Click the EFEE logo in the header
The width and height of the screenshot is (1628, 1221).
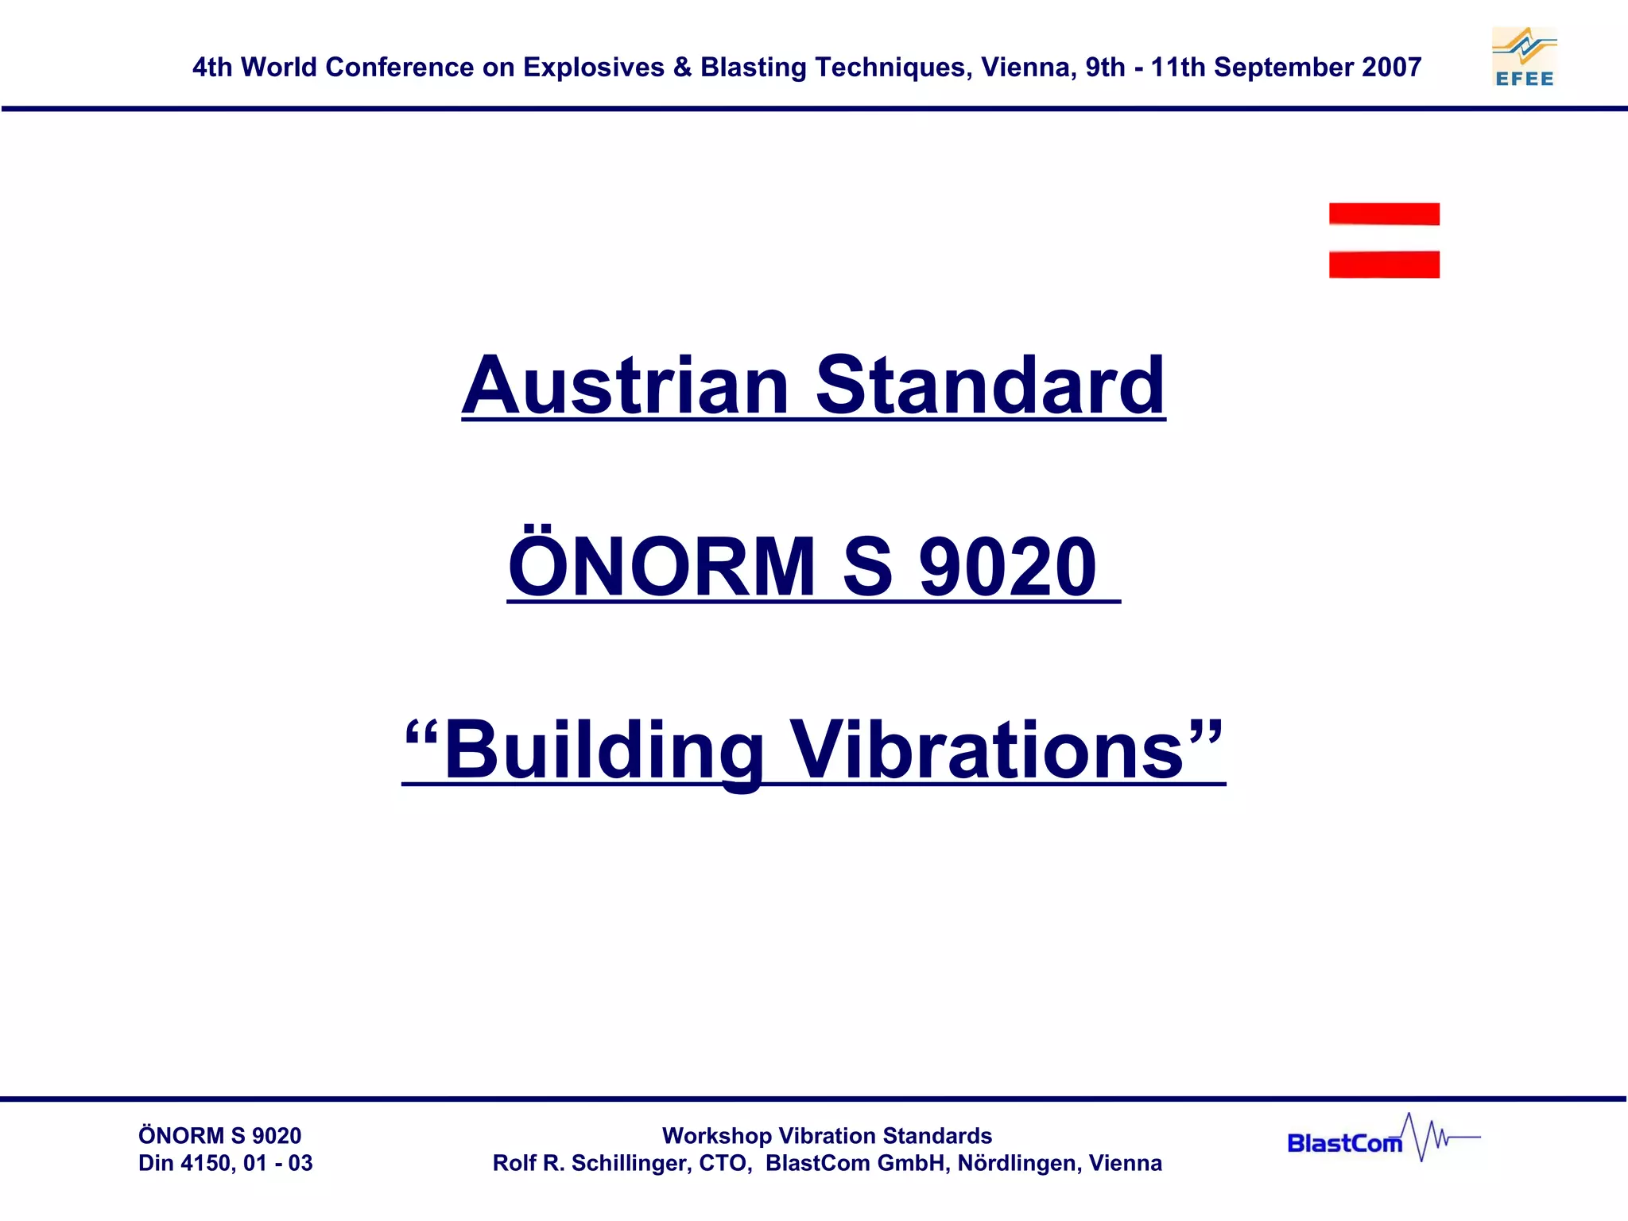(x=1524, y=57)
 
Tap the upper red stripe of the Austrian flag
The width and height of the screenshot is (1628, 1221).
(x=1384, y=214)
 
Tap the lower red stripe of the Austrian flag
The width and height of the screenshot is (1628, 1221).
(x=1384, y=264)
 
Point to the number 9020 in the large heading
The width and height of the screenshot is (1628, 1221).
(x=1007, y=567)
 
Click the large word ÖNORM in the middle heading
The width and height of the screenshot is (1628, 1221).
(x=662, y=567)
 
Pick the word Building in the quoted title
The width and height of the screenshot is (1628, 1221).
(x=604, y=750)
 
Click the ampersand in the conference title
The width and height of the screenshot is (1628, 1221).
(x=682, y=68)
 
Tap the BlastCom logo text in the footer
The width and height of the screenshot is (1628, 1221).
(x=1344, y=1143)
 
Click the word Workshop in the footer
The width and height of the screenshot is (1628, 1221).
(x=716, y=1136)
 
